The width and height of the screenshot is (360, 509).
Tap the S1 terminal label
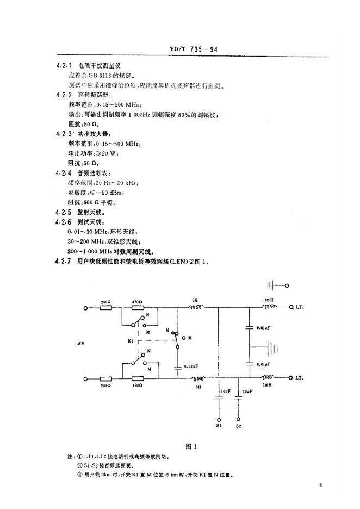coord(218,426)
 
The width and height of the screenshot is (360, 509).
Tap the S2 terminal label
coord(238,426)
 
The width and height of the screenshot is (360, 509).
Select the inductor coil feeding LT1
coord(268,307)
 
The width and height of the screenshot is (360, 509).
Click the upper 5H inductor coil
coord(196,307)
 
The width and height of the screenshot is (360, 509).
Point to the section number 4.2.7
coord(64,261)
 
